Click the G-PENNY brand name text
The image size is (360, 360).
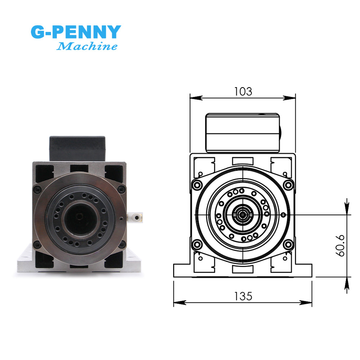point(75,32)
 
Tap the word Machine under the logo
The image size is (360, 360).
point(87,46)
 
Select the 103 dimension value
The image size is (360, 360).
point(243,91)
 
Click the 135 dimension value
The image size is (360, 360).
point(243,296)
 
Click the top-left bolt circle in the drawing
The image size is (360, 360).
point(197,185)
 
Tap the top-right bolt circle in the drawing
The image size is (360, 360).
point(288,185)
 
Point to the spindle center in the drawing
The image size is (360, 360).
point(243,215)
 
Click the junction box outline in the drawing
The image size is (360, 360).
point(243,132)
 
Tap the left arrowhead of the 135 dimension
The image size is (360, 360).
point(177,303)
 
